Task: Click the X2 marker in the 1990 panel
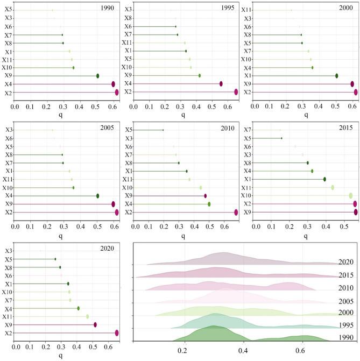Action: point(117,92)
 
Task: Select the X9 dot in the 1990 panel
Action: point(97,76)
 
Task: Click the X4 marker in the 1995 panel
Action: point(221,84)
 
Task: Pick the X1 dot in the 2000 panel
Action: point(337,76)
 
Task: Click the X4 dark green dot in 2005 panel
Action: point(97,196)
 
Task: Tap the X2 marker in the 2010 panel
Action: point(236,213)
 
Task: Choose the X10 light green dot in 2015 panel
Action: point(351,196)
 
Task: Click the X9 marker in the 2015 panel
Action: point(356,213)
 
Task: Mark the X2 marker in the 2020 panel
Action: point(117,333)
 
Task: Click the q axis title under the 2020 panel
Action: point(60,355)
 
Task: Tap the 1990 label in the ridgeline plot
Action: point(346,352)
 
